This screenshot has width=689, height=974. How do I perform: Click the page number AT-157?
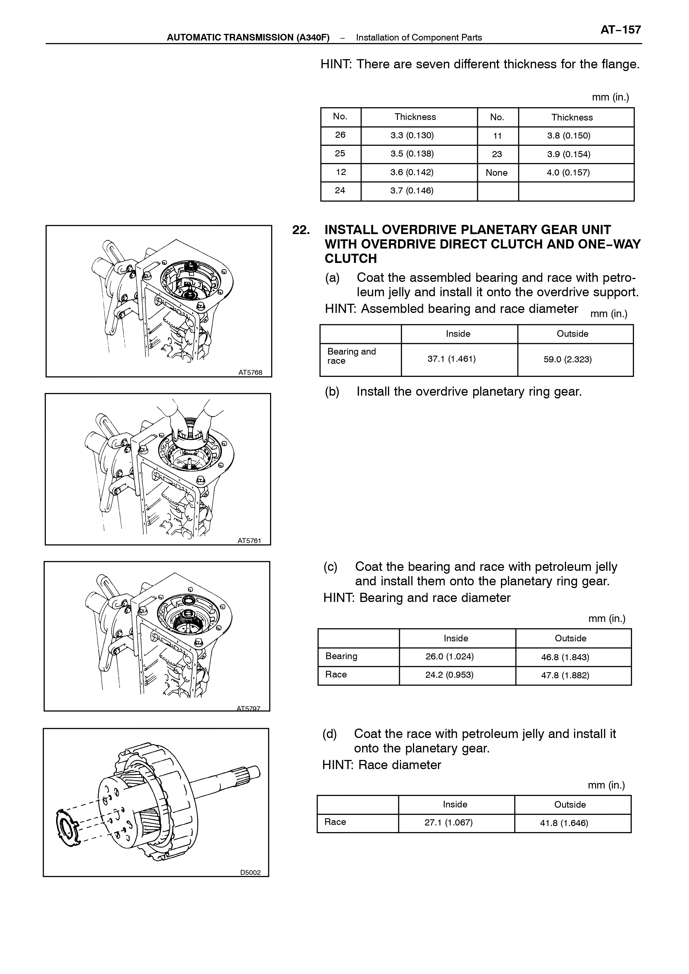point(620,30)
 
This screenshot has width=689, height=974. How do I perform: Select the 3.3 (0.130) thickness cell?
point(412,136)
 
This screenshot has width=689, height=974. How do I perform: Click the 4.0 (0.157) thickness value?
point(568,173)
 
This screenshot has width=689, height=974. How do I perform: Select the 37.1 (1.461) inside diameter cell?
point(451,359)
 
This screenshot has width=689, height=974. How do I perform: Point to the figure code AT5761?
point(249,541)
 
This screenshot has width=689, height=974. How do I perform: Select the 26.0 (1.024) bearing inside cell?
point(450,657)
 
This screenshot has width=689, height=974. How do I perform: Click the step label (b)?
point(332,391)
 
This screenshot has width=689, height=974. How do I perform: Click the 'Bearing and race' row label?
point(352,356)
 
